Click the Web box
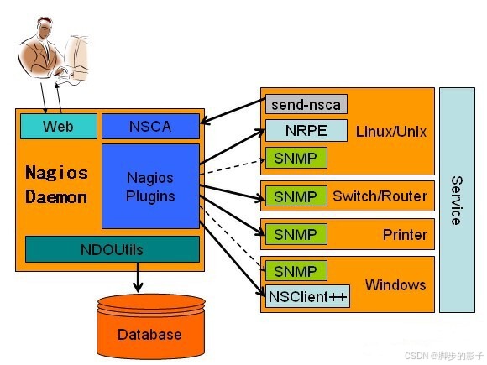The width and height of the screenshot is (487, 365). pos(58,126)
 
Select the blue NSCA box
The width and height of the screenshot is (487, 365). pos(149,126)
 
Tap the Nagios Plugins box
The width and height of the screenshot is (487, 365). pos(150,186)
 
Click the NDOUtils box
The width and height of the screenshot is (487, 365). pos(112,249)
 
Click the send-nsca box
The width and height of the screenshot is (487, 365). pos(306,105)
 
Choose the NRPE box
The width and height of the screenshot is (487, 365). pos(306,131)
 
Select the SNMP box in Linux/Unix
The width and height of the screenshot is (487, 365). pos(296,157)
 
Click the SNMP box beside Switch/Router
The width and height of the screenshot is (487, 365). pos(296,197)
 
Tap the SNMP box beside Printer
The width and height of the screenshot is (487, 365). pos(296,234)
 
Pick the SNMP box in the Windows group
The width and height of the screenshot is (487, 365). pos(296,271)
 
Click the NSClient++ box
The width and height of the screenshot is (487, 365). pos(308,296)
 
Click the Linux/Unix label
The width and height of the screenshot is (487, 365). pos(391,132)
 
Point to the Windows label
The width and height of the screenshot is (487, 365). pos(395,284)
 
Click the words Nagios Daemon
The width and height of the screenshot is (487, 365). pos(56,185)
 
